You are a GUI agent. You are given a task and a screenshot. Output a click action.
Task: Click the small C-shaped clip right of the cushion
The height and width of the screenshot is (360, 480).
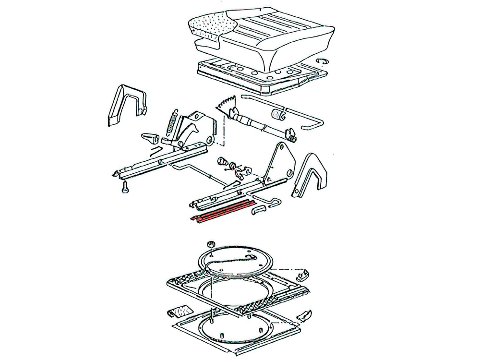click(x=323, y=60)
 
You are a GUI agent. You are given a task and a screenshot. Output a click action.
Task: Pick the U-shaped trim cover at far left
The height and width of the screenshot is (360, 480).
click(x=123, y=104)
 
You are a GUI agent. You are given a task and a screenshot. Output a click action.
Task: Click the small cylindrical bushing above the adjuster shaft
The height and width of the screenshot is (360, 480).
click(x=277, y=116)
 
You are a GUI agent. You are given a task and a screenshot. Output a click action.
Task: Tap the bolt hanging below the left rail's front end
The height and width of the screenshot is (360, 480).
click(x=125, y=188)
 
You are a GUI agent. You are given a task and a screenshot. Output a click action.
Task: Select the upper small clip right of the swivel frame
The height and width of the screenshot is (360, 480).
click(x=302, y=275)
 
